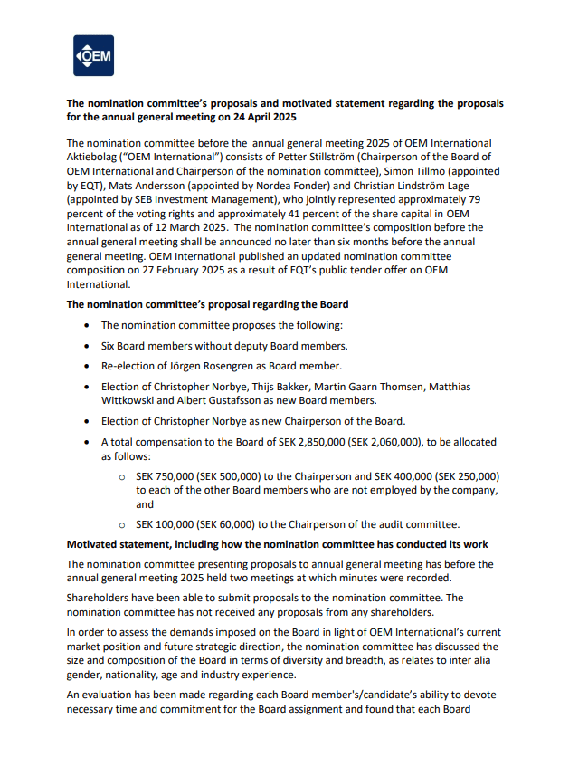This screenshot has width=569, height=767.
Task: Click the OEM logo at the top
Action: [x=93, y=56]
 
